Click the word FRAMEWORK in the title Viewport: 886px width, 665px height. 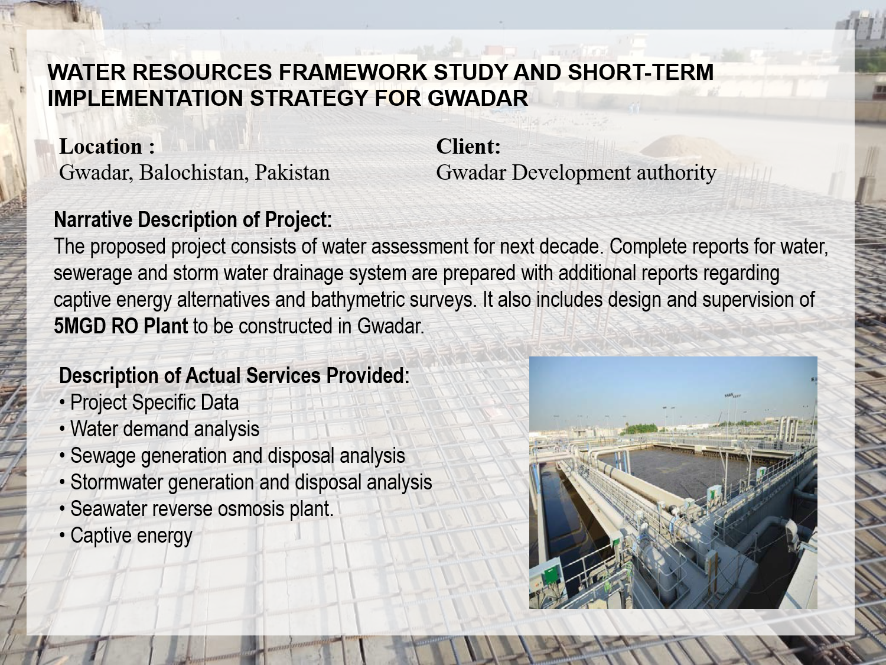pos(353,72)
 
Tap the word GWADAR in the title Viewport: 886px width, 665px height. pos(477,98)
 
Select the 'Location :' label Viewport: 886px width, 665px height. pos(107,147)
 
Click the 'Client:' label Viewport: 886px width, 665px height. pos(468,146)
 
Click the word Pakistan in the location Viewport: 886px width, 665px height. pos(292,173)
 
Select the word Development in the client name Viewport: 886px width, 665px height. pos(571,173)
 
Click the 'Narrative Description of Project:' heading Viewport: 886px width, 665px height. pos(193,220)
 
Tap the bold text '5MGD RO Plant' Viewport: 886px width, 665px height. pos(120,326)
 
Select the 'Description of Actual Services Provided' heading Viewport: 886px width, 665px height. pos(234,375)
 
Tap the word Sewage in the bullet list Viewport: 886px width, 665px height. pos(103,456)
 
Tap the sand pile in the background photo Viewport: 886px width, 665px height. pos(687,147)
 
